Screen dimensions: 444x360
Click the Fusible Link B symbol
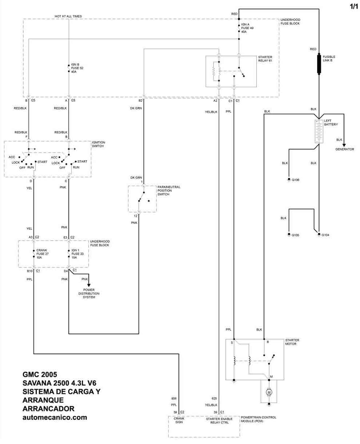pyautogui.click(x=319, y=64)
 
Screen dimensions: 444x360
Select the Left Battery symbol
pyautogui.click(x=319, y=132)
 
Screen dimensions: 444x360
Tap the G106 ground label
pyautogui.click(x=295, y=180)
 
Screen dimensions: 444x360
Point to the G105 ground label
pyautogui.click(x=295, y=235)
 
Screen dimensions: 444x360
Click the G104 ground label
pyautogui.click(x=325, y=235)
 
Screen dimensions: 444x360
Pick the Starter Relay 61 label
pyautogui.click(x=265, y=59)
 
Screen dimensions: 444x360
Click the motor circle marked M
pyautogui.click(x=269, y=392)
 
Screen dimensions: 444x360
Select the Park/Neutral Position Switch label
pyautogui.click(x=169, y=191)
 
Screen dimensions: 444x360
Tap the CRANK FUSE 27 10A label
pyautogui.click(x=42, y=254)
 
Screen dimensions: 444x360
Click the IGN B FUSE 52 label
pyautogui.click(x=77, y=68)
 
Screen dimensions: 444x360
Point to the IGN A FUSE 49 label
pyautogui.click(x=247, y=28)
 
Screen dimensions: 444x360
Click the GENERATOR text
pyautogui.click(x=344, y=149)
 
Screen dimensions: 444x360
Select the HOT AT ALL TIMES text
pyautogui.click(x=68, y=16)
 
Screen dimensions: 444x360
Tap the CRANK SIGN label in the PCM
pyautogui.click(x=179, y=420)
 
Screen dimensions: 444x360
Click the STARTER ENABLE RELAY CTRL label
pyautogui.click(x=219, y=421)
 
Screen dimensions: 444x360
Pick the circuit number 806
pyautogui.click(x=174, y=399)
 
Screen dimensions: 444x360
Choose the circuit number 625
pyautogui.click(x=214, y=399)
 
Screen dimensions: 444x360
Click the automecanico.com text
pyautogui.click(x=55, y=417)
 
